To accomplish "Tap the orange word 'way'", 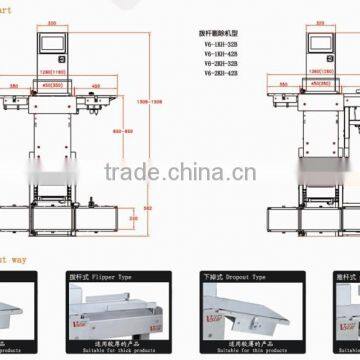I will [x=18, y=258].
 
